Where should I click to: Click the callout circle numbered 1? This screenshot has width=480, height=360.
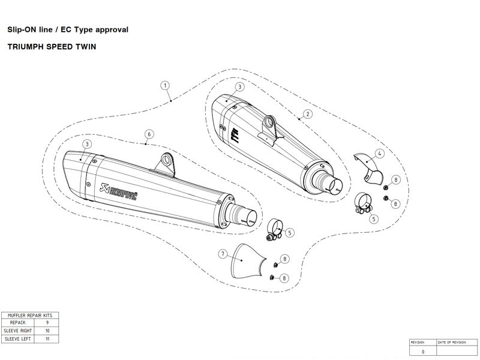point(166,86)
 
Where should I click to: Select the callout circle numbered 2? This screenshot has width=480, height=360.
point(307,113)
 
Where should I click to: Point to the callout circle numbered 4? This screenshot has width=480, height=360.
point(379,154)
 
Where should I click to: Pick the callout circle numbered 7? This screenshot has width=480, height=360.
point(222,254)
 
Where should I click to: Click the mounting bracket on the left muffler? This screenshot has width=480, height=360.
point(166,161)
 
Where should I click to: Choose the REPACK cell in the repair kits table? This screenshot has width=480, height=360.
point(18,322)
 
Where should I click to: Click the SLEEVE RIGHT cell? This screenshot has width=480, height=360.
point(18,331)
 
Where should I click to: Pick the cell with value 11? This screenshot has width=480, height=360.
point(47,339)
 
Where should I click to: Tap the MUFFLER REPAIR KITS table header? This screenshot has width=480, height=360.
point(30,314)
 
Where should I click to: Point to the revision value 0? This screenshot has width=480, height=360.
point(423,351)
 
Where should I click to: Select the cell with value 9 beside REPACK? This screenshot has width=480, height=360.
point(47,322)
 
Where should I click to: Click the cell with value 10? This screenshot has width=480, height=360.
point(47,331)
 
